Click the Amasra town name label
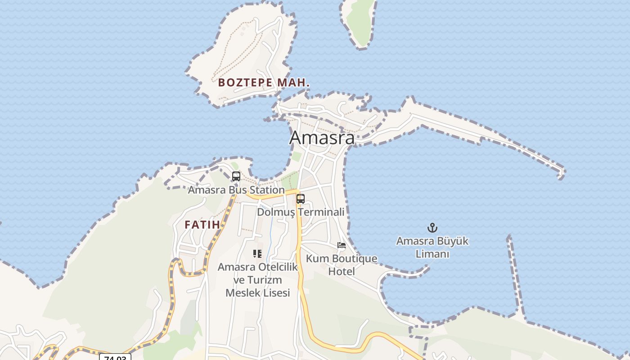point(322,138)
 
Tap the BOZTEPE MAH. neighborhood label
point(264,83)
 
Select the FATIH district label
point(202,225)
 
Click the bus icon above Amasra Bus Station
point(236,176)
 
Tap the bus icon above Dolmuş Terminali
point(300,198)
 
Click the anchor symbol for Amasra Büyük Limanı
point(432,228)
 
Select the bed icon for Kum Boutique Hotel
point(342,245)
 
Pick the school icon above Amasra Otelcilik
point(257,254)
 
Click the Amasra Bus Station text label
point(236,190)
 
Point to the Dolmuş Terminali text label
point(301,212)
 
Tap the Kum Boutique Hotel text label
point(342,265)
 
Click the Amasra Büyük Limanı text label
point(432,247)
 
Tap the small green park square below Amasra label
point(297,157)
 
